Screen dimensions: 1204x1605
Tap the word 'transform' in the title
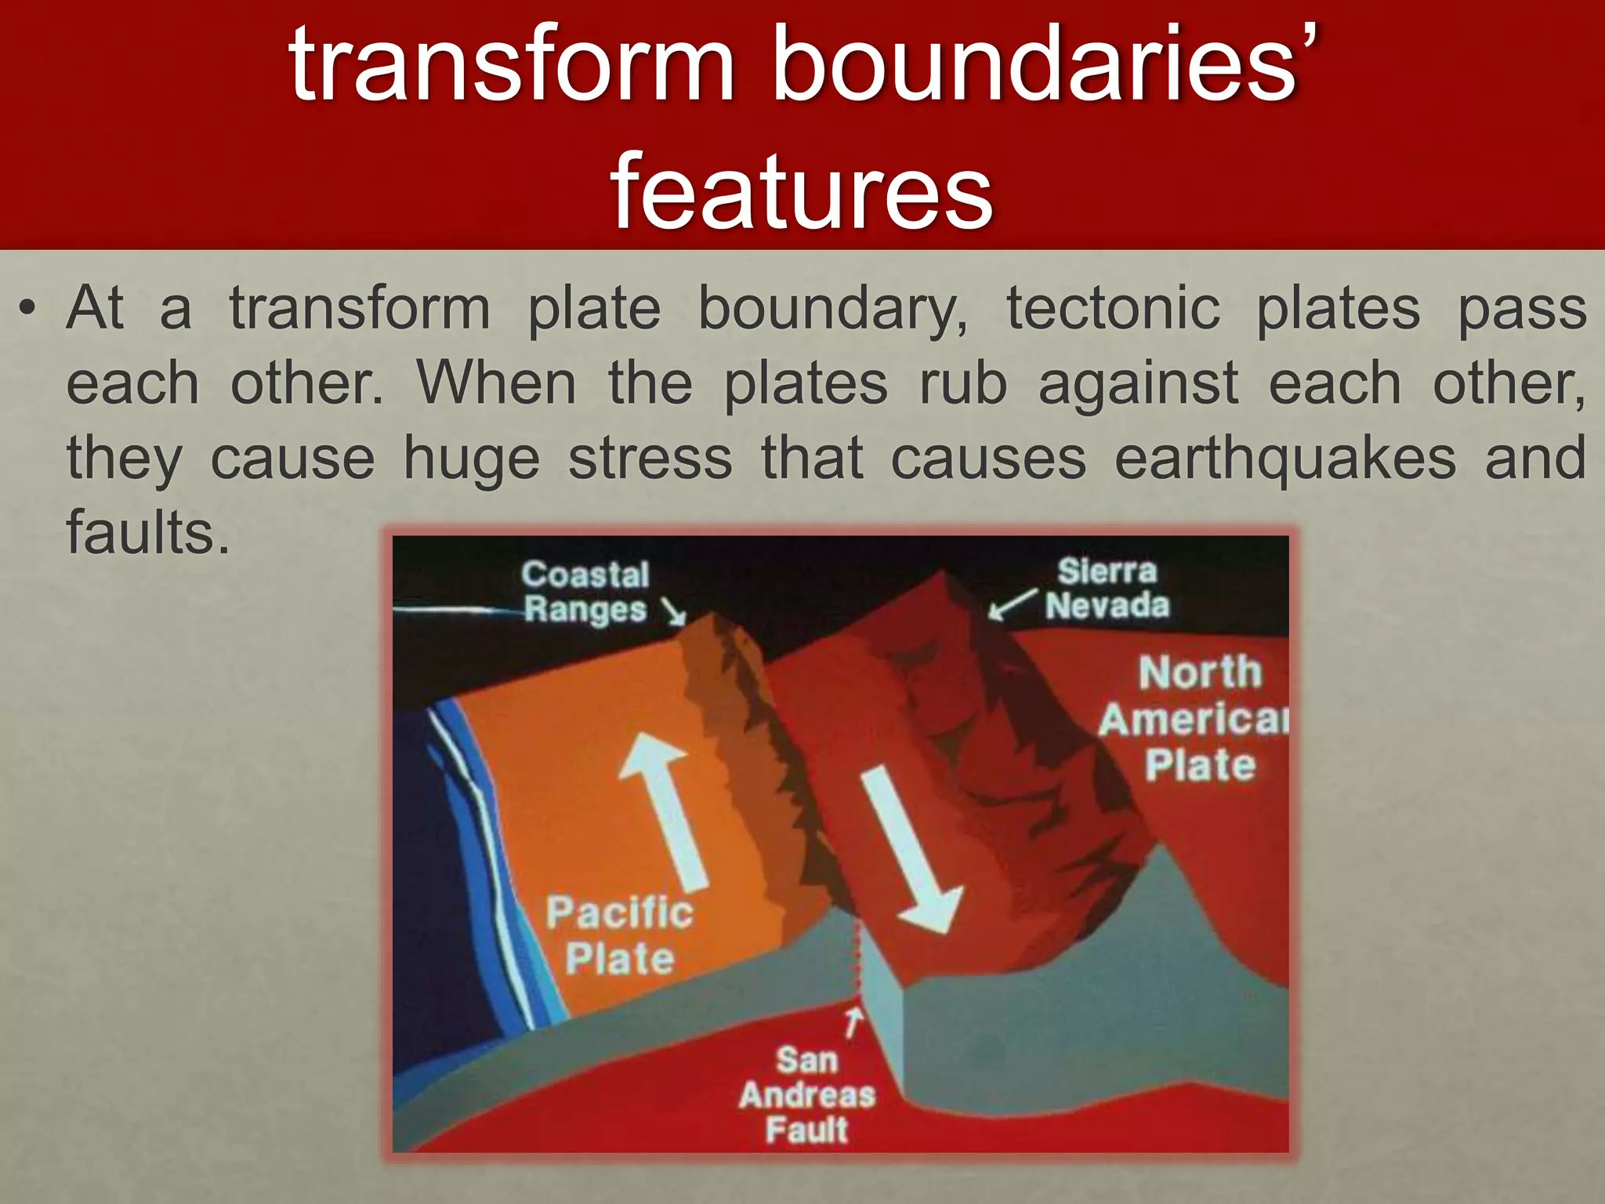pyautogui.click(x=511, y=64)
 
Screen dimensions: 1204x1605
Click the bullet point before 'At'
pyautogui.click(x=28, y=310)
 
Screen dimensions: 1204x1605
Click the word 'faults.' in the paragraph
pyautogui.click(x=148, y=533)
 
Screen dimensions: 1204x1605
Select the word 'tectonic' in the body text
pyautogui.click(x=1113, y=308)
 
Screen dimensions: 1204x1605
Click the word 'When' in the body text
pyautogui.click(x=496, y=383)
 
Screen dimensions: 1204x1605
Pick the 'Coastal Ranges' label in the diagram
pyautogui.click(x=585, y=592)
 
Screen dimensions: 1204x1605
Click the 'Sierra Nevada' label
pyautogui.click(x=1107, y=588)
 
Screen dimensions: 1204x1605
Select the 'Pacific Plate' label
pyautogui.click(x=619, y=935)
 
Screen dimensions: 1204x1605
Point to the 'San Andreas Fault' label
pyautogui.click(x=806, y=1095)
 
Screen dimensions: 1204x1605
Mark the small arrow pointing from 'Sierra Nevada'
pyautogui.click(x=1011, y=604)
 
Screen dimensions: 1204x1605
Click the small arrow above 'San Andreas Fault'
pyautogui.click(x=853, y=1021)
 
